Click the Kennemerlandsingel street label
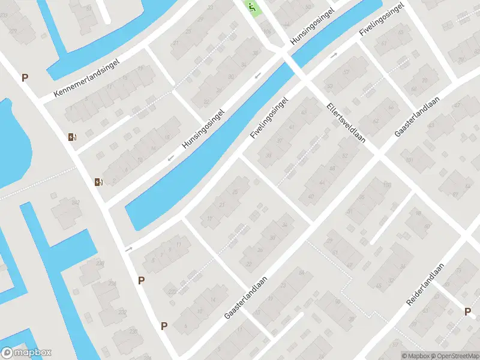(x=88, y=78)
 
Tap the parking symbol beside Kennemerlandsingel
(x=25, y=77)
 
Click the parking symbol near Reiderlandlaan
(x=467, y=311)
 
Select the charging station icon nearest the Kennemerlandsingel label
(x=73, y=137)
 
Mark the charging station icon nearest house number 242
(x=98, y=182)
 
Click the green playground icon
(x=252, y=8)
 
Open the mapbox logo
(x=26, y=353)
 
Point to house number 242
(x=76, y=203)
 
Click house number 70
(x=424, y=80)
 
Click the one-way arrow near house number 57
(x=334, y=55)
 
